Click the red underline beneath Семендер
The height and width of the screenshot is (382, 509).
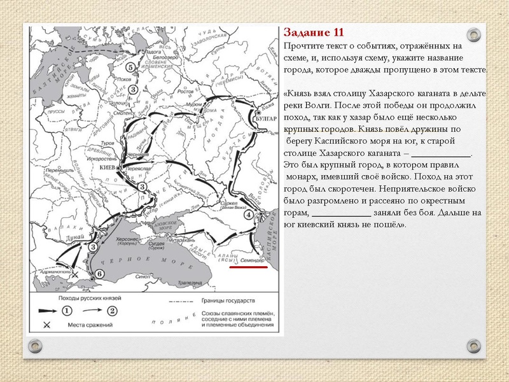[x=248, y=267]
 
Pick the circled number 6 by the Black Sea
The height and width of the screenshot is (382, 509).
[x=99, y=274]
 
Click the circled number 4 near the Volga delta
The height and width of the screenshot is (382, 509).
[x=248, y=215]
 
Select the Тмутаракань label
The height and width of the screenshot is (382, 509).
[x=178, y=242]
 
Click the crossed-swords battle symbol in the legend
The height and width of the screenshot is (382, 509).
[x=46, y=325]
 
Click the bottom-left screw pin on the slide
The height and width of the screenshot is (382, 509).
[x=36, y=346]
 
